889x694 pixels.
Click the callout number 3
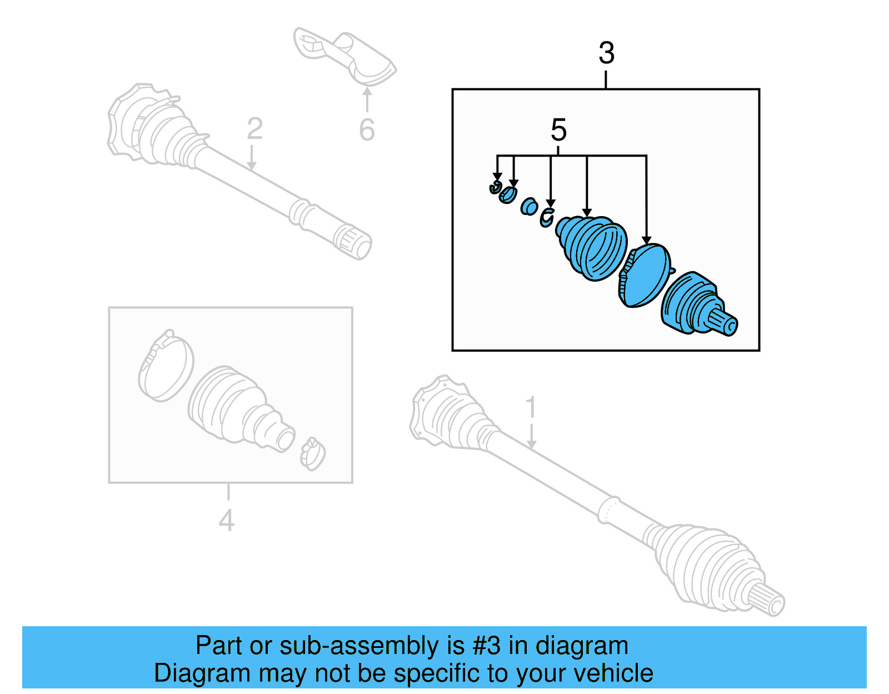tap(606, 53)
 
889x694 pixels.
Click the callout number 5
tap(558, 131)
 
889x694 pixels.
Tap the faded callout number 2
tap(254, 129)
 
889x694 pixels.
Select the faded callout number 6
tap(367, 130)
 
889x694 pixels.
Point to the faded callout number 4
tap(226, 521)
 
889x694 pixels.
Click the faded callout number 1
tap(531, 407)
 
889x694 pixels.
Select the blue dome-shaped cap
tap(646, 275)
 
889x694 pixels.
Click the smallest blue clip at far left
tap(495, 188)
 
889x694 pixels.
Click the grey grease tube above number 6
tap(344, 56)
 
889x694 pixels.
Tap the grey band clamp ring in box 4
tap(166, 366)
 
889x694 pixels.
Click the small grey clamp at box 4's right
tap(312, 453)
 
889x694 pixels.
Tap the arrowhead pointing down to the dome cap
tap(646, 240)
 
